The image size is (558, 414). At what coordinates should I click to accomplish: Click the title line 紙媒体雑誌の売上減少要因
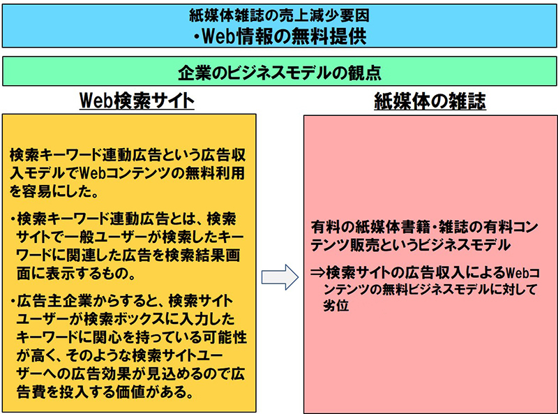click(280, 15)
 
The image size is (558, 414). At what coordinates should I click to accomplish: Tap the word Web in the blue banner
click(218, 36)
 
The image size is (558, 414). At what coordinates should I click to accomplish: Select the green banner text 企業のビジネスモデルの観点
click(280, 73)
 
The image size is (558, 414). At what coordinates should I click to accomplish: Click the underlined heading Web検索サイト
click(137, 101)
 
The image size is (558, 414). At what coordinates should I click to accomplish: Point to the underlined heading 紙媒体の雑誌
click(430, 101)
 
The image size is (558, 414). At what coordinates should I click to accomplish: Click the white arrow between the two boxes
click(280, 277)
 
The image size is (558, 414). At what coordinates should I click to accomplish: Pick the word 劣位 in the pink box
click(336, 305)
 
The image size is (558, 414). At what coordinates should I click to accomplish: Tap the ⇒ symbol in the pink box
click(318, 272)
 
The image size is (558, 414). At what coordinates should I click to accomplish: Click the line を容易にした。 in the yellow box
click(54, 191)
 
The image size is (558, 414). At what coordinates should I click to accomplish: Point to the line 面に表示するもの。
click(76, 273)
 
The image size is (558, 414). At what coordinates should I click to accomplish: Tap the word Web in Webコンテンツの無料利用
click(93, 173)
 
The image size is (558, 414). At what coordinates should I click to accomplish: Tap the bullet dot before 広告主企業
click(13, 302)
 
